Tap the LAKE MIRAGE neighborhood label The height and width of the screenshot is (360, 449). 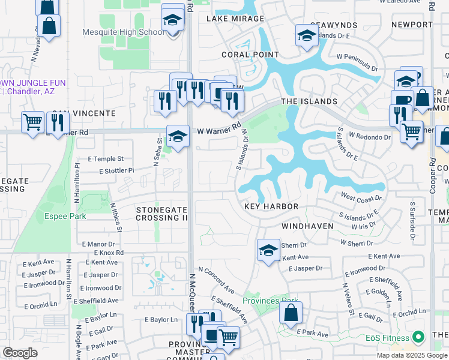coord(235,19)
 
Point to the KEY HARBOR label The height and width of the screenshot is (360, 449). coord(271,206)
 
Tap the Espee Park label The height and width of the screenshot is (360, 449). coord(65,216)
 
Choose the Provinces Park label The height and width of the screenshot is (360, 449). coord(270,301)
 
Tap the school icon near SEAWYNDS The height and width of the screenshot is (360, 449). coord(307,34)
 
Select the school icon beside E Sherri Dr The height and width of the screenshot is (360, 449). coord(268,250)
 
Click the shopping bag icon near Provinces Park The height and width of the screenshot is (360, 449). coord(291,313)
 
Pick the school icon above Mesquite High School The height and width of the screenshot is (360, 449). coord(173,20)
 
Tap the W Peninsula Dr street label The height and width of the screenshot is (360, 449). coord(358,61)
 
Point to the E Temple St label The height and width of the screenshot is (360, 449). coord(106,159)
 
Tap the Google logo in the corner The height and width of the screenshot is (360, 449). coord(19,353)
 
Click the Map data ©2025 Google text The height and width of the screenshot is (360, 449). coord(411,355)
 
